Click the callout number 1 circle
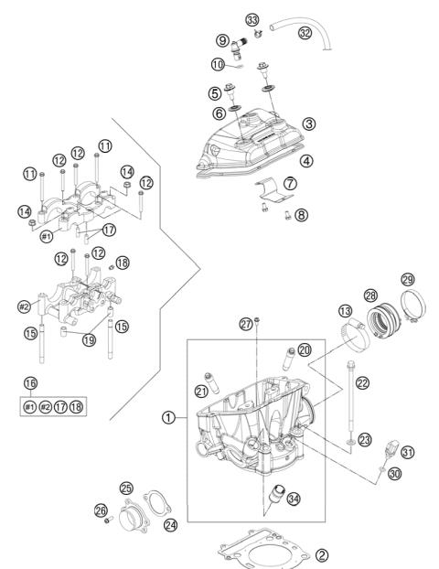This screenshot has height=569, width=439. point(168,418)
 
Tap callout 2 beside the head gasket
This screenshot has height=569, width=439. point(320,555)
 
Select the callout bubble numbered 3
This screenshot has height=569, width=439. point(310,123)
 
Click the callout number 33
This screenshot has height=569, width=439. point(252,19)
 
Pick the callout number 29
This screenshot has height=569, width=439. point(408,278)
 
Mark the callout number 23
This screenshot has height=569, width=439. point(366,440)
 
